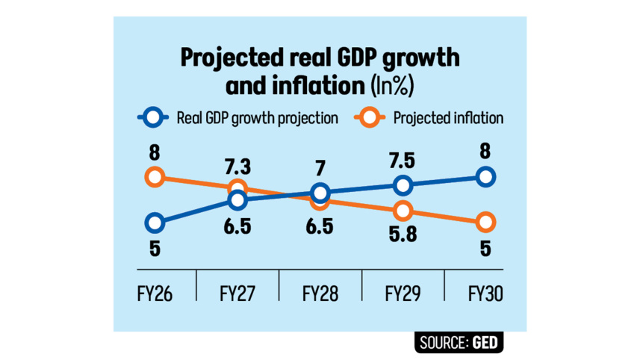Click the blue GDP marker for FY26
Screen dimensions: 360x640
(155, 222)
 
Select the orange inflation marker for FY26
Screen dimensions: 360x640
(155, 177)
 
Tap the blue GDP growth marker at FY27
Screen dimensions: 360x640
(237, 199)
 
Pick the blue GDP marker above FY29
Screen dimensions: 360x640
(403, 185)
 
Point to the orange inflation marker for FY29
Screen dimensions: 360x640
(403, 211)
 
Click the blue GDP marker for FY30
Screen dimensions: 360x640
(485, 176)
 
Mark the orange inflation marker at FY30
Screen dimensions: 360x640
(485, 222)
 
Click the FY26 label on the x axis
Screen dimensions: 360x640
(155, 294)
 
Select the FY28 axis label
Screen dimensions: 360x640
(320, 294)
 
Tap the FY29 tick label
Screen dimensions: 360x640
(403, 294)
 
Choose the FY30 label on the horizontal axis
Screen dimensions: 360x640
(485, 294)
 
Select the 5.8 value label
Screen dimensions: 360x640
(403, 236)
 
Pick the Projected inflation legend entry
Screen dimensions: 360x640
(447, 117)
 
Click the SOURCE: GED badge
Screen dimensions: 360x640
(459, 343)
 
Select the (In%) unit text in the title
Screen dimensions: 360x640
(393, 86)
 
